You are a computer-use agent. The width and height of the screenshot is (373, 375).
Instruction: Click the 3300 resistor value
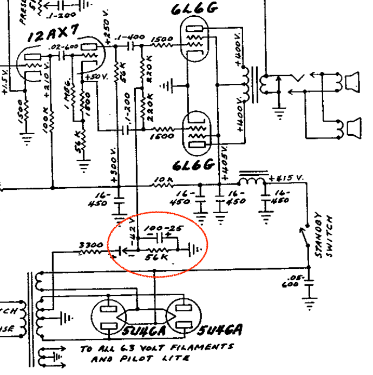coord(90,245)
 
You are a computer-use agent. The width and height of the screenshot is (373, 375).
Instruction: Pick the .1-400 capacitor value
coord(131,37)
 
